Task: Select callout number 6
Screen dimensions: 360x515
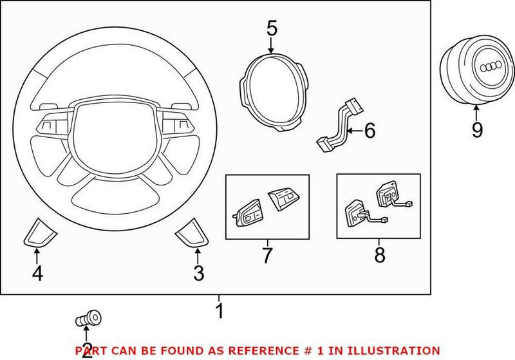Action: click(369, 131)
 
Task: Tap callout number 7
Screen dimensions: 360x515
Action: click(267, 255)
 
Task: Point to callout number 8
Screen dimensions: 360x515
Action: click(379, 256)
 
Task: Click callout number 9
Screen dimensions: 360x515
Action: click(476, 131)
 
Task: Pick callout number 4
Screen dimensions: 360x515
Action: click(37, 274)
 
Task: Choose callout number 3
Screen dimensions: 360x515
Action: click(198, 274)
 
